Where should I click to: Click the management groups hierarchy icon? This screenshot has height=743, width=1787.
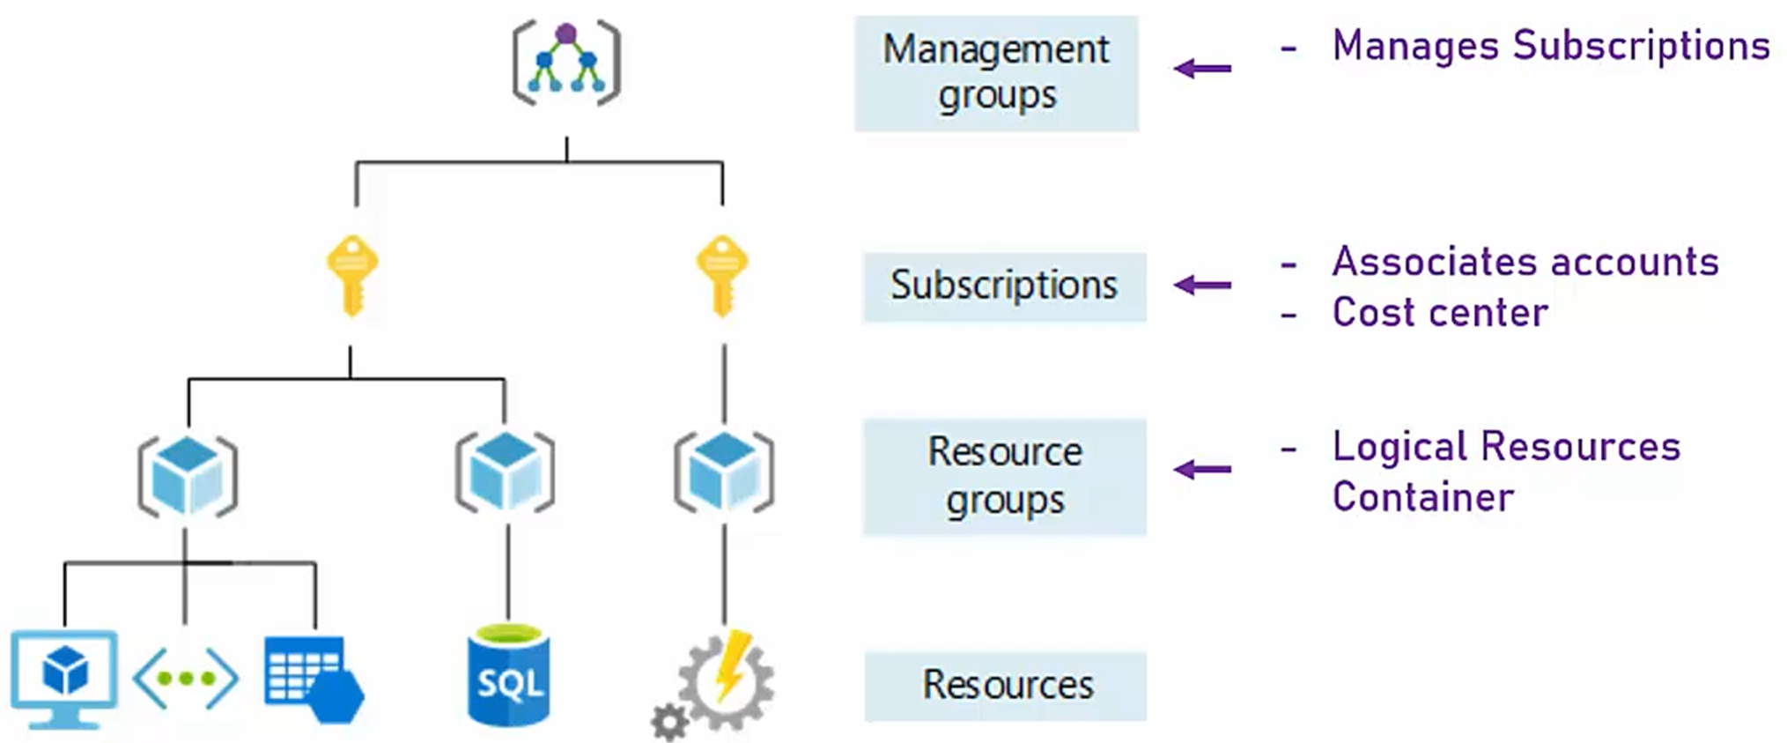566,63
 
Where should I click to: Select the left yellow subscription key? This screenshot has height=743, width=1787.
352,274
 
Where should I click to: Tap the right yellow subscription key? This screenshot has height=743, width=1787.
722,274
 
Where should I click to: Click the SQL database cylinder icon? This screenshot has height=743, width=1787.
508,675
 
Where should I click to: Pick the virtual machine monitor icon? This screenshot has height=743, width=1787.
64,677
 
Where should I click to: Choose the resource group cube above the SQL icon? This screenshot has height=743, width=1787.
505,473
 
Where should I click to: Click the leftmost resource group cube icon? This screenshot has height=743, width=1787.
188,475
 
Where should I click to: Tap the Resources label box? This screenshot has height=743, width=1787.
1006,686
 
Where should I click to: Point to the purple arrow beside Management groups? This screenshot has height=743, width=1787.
1203,68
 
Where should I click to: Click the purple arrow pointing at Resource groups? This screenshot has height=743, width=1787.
1203,469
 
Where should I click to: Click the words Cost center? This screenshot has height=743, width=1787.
1439,313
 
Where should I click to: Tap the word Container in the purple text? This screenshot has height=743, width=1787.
1422,497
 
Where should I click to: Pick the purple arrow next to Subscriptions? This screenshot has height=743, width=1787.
1203,285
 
